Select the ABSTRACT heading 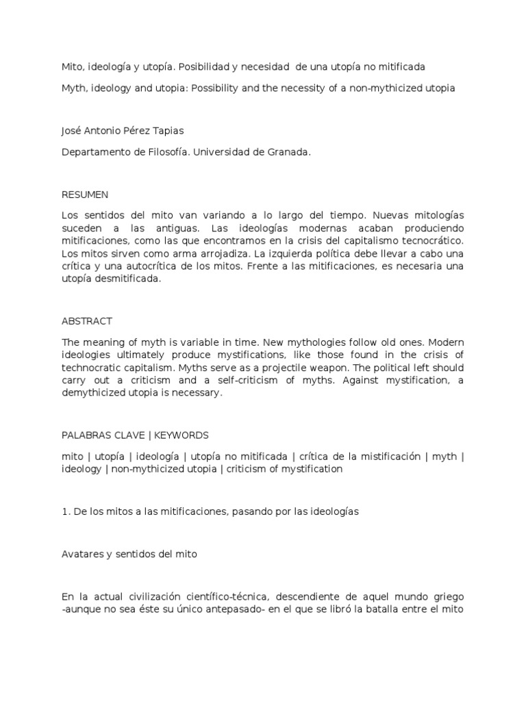(x=87, y=321)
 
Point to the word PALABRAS (x=86, y=435)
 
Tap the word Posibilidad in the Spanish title (x=198, y=66)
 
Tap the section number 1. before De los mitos (x=66, y=512)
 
